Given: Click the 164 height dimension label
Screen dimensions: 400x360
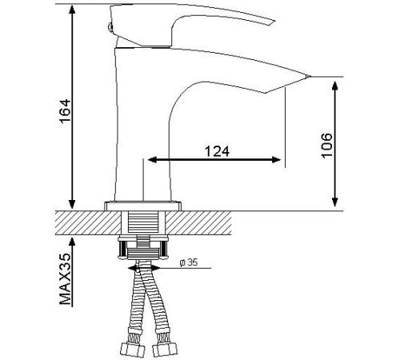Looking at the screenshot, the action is coord(66,111).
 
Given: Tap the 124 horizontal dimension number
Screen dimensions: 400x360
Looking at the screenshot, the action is coord(217,151).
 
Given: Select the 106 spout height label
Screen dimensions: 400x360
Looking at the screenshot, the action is coord(326,146).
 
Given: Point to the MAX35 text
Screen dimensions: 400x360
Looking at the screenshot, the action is coord(66,278).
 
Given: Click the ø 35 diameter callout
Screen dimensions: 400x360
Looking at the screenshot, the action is coord(189,262).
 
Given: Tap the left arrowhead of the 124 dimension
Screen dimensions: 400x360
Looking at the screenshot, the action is coord(152,160).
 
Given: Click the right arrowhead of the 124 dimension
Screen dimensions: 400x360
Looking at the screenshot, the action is coord(276,160).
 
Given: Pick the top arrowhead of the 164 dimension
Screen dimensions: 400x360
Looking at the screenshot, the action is coord(72,10).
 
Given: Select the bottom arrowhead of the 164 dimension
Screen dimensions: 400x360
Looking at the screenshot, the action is coord(72,204).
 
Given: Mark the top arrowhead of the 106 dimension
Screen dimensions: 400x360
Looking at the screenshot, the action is coord(335,86).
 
